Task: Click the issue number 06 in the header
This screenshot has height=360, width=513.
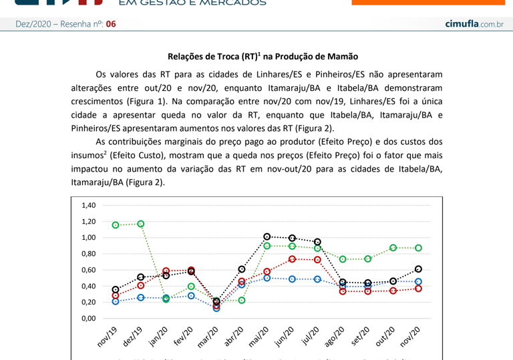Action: point(110,24)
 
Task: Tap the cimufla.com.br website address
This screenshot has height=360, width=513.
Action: point(474,24)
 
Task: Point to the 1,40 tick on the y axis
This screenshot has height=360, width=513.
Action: point(88,205)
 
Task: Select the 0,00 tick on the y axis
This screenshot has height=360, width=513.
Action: point(88,319)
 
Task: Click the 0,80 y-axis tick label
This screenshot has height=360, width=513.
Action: point(88,254)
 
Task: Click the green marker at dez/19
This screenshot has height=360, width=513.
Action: point(141,224)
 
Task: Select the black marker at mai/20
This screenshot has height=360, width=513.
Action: point(267,236)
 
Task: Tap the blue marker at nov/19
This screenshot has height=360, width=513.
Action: point(116,301)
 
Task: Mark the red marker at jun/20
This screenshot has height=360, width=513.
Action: point(292,259)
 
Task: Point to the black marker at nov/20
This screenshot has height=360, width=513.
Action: point(418,268)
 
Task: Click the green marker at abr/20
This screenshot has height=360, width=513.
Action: point(242,300)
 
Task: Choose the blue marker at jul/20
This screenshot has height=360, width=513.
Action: point(317,279)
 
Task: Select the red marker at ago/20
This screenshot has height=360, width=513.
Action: point(343,291)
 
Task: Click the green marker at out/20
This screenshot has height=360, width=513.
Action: point(393,248)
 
